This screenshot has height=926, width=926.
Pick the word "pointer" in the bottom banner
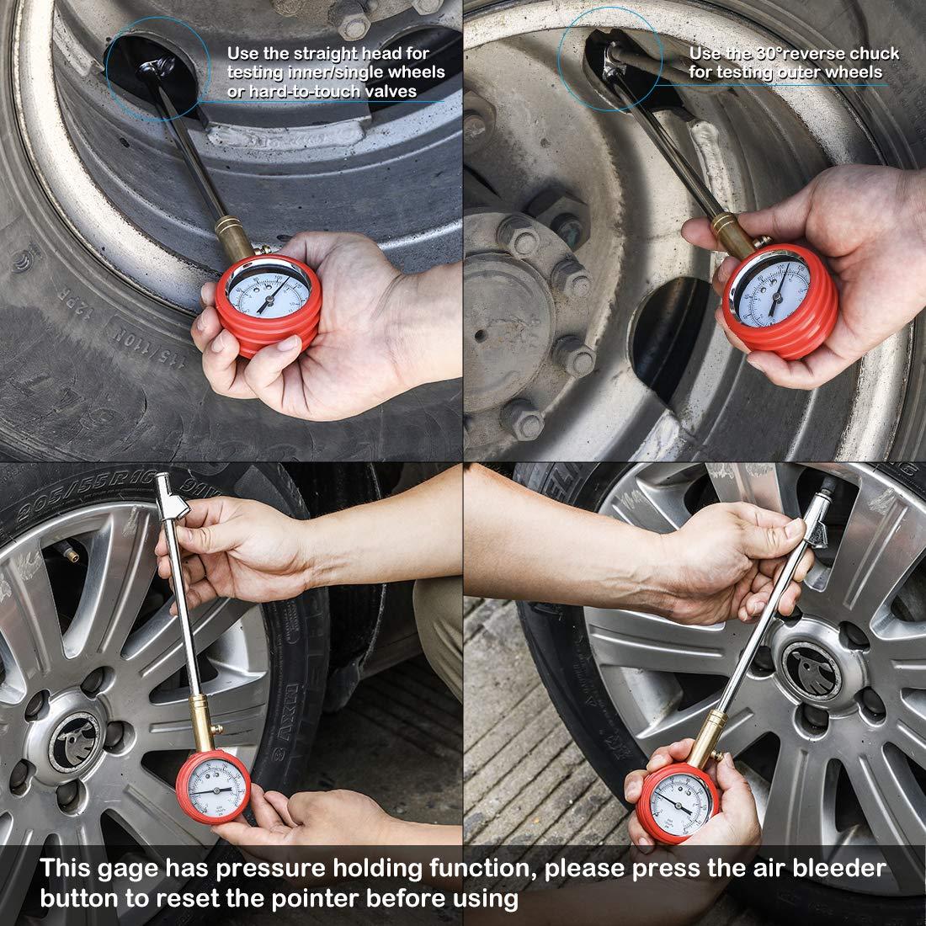tap(333, 898)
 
